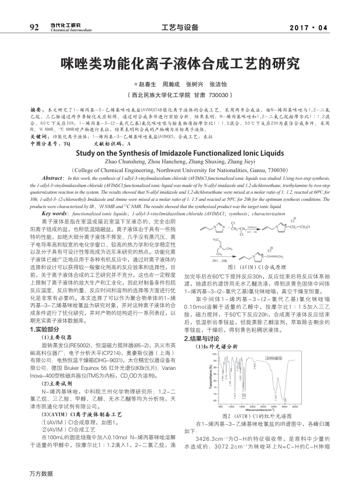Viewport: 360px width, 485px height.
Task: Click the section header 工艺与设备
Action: tap(180, 28)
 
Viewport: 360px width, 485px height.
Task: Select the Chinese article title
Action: tap(179, 63)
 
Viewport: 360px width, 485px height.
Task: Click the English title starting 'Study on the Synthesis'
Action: tap(180, 153)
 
